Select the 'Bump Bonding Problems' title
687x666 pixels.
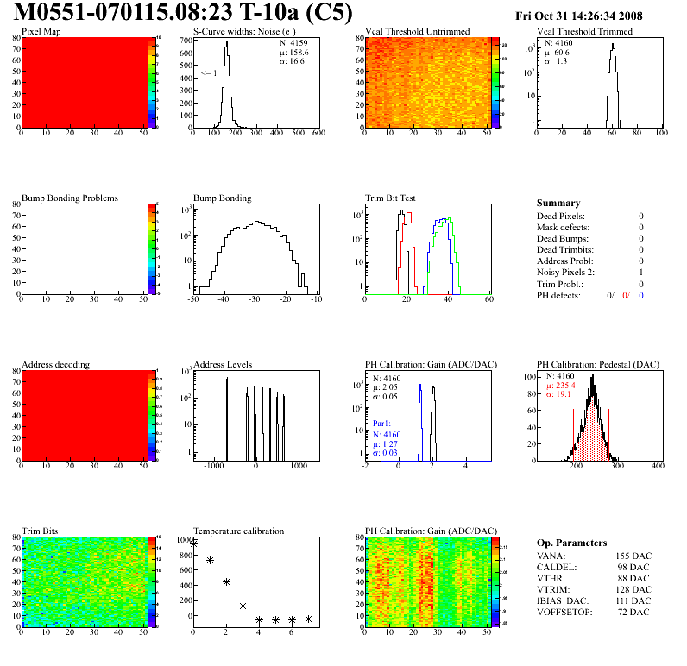click(x=70, y=198)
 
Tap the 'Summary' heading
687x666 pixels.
click(x=558, y=203)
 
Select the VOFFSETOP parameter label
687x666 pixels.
click(x=565, y=613)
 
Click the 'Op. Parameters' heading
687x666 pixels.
click(x=573, y=542)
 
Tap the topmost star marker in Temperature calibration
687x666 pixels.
click(x=193, y=543)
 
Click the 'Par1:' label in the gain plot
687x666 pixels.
click(x=383, y=424)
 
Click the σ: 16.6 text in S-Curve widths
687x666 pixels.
click(x=292, y=61)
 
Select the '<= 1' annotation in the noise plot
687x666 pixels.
click(x=208, y=73)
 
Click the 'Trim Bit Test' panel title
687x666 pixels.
click(x=391, y=198)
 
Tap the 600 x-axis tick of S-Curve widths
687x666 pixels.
click(x=318, y=134)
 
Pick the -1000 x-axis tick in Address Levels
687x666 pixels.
click(x=212, y=466)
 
